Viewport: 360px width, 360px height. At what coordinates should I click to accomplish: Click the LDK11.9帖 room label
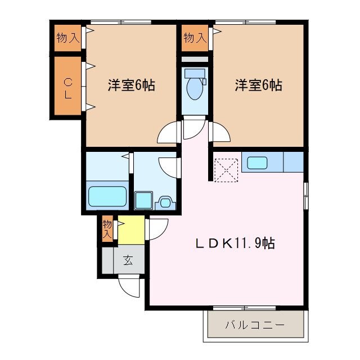[x=235, y=244]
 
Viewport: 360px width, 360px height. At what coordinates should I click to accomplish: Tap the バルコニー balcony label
[x=254, y=325]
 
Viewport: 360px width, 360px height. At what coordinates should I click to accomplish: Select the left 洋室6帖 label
[x=131, y=85]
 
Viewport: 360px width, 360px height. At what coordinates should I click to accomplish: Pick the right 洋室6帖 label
[x=258, y=85]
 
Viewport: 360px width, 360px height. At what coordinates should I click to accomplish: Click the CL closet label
[x=67, y=87]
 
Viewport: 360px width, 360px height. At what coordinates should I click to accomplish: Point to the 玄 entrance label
[x=128, y=261]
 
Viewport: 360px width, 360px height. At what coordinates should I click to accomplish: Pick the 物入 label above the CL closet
[x=67, y=38]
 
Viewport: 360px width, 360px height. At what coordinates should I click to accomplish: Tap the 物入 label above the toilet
[x=193, y=38]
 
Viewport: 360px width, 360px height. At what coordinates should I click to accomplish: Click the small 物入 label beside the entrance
[x=107, y=230]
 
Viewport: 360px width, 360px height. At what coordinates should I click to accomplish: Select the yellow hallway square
[x=130, y=230]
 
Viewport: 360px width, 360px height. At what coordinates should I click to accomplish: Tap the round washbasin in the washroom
[x=166, y=201]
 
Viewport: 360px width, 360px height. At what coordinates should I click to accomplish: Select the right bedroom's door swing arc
[x=220, y=132]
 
